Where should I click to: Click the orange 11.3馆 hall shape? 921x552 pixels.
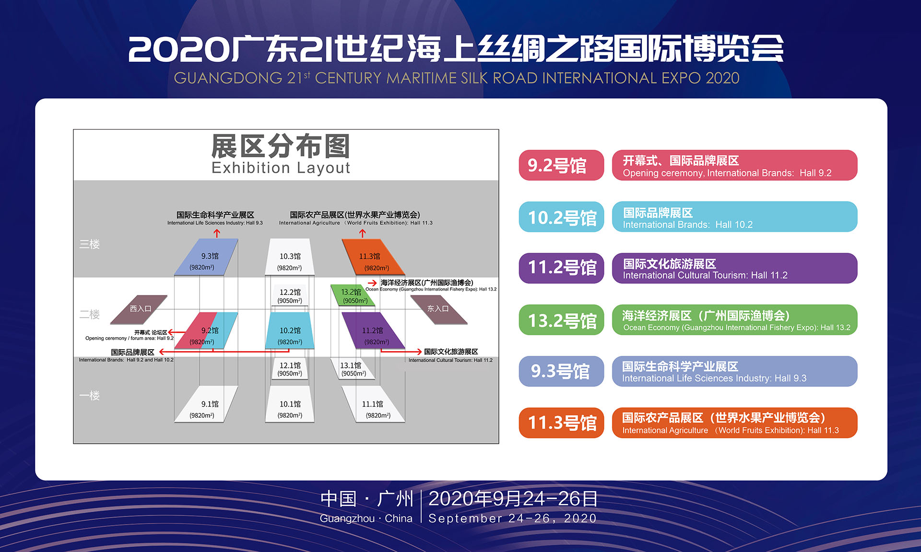(373, 257)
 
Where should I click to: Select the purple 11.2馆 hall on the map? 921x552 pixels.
(373, 330)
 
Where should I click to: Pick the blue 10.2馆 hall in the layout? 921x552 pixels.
(290, 330)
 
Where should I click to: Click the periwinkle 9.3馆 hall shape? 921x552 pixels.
(206, 257)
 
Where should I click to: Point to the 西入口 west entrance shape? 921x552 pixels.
(139, 310)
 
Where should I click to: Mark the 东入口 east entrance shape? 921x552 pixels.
(438, 310)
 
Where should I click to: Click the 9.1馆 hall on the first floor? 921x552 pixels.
(206, 404)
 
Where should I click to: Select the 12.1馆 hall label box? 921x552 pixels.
(290, 369)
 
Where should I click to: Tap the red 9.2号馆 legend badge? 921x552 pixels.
(561, 165)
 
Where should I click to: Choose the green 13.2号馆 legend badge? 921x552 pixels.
(561, 320)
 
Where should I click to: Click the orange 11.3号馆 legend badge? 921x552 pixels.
(561, 423)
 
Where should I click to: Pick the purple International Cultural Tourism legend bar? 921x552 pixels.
(734, 269)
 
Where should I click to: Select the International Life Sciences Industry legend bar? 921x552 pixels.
(734, 371)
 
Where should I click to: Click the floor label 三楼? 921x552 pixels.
(90, 244)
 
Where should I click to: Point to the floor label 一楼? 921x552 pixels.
(90, 396)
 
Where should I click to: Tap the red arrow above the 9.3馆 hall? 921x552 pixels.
(217, 234)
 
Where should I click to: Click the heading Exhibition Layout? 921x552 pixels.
(281, 168)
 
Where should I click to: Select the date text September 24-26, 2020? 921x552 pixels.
(512, 518)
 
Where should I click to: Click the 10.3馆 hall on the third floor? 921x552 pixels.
(290, 257)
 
